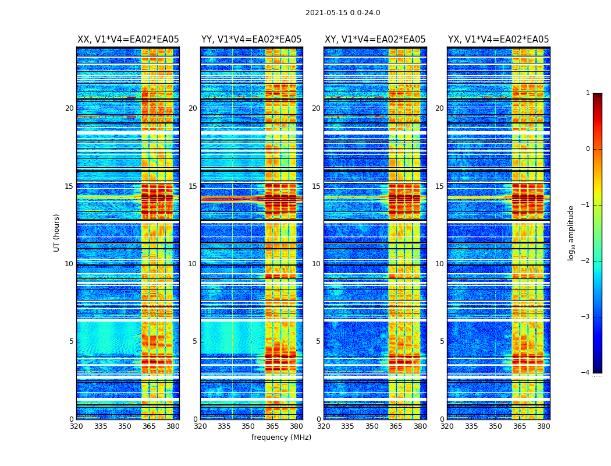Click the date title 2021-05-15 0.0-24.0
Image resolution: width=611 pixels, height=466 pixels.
pyautogui.click(x=343, y=13)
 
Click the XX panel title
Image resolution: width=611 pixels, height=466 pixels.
pyautogui.click(x=128, y=40)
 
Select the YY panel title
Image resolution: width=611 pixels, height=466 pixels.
pyautogui.click(x=251, y=40)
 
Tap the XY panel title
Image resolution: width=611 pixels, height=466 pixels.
pyautogui.click(x=375, y=40)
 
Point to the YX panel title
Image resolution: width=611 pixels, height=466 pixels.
pyautogui.click(x=498, y=40)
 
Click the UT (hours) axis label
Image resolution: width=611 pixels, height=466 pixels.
pyautogui.click(x=57, y=232)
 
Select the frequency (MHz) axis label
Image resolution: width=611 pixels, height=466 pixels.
pyautogui.click(x=281, y=437)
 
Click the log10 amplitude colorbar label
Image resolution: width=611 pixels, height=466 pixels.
pyautogui.click(x=571, y=232)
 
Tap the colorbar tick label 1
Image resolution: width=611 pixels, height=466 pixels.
pyautogui.click(x=588, y=93)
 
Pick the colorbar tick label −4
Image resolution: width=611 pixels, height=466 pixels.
pyautogui.click(x=587, y=373)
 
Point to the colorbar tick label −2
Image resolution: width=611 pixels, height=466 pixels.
pyautogui.click(x=587, y=261)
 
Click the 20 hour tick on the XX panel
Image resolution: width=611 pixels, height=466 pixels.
pyautogui.click(x=69, y=108)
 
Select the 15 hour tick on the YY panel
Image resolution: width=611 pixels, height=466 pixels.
pyautogui.click(x=193, y=186)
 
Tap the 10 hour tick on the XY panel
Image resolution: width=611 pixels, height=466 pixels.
pyautogui.click(x=316, y=264)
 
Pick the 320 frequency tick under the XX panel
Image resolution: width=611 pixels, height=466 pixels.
pyautogui.click(x=76, y=426)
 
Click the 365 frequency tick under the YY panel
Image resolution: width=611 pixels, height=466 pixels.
pyautogui.click(x=272, y=426)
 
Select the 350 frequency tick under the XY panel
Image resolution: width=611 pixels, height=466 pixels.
pyautogui.click(x=371, y=426)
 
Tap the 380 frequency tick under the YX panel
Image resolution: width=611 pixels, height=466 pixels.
pyautogui.click(x=543, y=426)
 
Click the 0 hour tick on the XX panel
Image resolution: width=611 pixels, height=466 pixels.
pyautogui.click(x=72, y=419)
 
